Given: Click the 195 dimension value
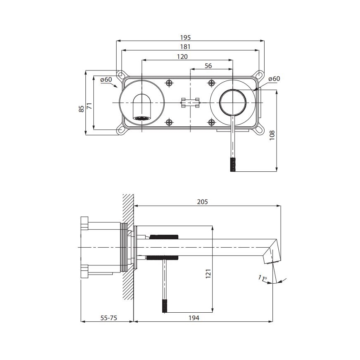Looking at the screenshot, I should point(192,37).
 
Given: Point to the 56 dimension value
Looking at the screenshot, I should point(208,66).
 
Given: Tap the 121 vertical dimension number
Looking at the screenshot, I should point(209,274).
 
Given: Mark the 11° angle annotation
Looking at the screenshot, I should point(262,278).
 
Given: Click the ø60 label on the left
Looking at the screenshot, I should point(107,79).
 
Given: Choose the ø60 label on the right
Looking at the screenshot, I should point(274,79).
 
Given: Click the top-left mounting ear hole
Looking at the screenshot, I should point(120,75).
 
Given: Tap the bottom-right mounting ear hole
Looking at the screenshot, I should point(260,130).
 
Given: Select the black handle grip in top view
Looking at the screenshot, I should point(233,164).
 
